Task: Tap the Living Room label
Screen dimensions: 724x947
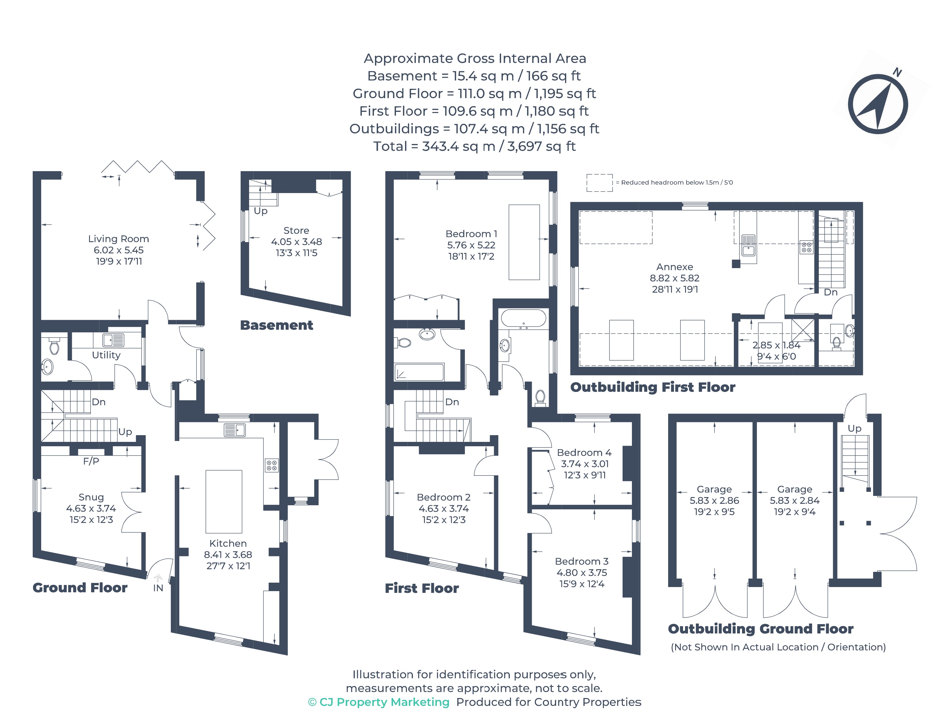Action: pos(119,239)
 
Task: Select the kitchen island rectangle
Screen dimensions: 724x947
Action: pos(224,501)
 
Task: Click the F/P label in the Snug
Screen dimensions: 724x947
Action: pos(91,461)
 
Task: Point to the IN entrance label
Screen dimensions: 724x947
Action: pos(158,588)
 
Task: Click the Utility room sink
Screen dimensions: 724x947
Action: pos(113,340)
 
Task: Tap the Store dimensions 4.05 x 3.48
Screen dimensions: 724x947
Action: pos(296,242)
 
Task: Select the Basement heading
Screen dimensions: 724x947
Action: pos(276,325)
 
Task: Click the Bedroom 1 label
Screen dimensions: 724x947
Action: pos(471,234)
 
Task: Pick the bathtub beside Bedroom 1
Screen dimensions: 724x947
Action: pos(524,319)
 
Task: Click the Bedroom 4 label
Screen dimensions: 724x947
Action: pos(584,452)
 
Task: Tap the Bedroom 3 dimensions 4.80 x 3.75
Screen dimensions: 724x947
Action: pos(582,572)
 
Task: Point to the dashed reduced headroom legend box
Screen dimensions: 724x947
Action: pos(599,183)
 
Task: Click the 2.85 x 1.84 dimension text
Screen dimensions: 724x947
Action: pos(776,345)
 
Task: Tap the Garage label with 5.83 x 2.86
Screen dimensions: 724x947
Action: pos(714,489)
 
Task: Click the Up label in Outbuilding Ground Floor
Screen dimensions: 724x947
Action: pos(854,428)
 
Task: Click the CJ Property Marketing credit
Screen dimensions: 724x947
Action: pos(379,702)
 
